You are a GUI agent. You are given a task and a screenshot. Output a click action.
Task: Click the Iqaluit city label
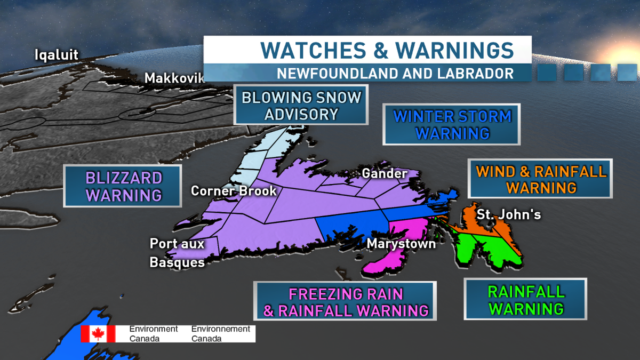click(57, 54)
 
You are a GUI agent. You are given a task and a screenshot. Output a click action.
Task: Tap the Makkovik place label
click(174, 78)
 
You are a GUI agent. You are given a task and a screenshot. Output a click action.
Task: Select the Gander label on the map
click(384, 173)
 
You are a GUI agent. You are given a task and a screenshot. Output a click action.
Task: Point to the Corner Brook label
click(234, 190)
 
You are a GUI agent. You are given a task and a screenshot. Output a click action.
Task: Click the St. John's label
click(509, 214)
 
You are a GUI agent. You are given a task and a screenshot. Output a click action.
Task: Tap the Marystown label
click(401, 243)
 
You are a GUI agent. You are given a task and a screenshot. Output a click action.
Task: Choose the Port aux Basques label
click(177, 253)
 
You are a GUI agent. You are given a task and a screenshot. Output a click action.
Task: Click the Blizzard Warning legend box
click(123, 186)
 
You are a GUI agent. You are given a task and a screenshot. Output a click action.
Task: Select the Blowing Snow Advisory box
click(301, 105)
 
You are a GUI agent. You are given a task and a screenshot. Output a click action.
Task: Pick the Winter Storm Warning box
click(452, 124)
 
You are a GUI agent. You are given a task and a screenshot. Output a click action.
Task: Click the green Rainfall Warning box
click(525, 300)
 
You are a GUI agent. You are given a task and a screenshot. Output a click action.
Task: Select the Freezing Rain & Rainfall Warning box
click(346, 302)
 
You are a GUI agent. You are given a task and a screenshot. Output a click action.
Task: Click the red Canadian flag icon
click(98, 334)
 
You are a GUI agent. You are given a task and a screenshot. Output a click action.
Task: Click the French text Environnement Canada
click(220, 334)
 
